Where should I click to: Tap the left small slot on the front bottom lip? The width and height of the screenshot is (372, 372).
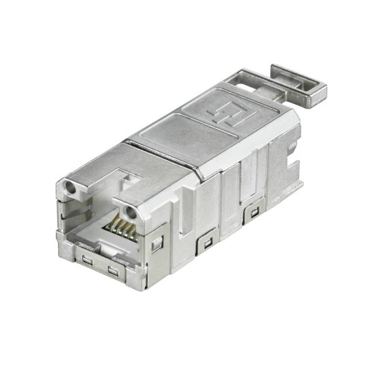88,260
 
